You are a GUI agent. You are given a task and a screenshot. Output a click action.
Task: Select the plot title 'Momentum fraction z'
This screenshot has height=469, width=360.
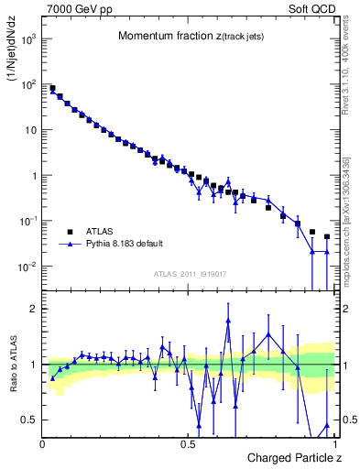tap(191, 36)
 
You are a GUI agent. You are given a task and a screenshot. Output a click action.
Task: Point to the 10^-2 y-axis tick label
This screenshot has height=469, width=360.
tap(28, 267)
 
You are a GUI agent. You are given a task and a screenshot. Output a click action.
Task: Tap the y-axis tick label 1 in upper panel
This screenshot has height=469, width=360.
tap(34, 175)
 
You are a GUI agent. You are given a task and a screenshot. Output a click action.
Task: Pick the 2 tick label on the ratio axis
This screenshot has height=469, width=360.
tap(34, 309)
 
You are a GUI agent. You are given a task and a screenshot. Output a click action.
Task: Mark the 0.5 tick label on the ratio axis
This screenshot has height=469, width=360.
tap(29, 420)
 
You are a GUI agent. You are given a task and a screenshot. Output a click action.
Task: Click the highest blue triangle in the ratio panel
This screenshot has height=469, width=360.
tap(227, 322)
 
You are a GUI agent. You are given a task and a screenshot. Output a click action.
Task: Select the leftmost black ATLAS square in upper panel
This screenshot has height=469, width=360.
tap(52, 88)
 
